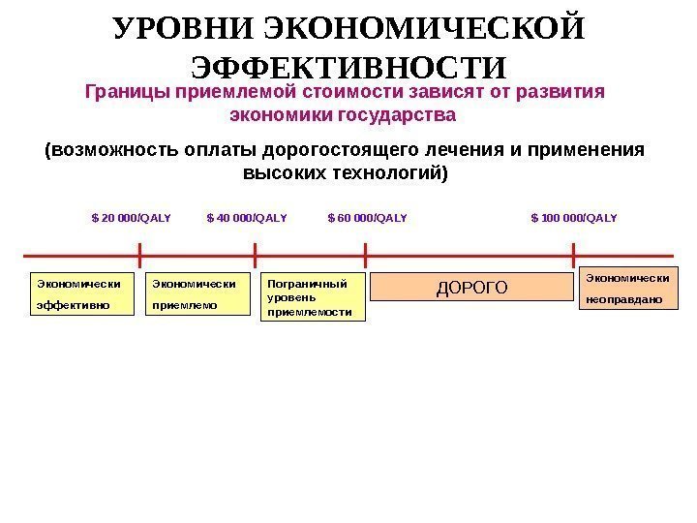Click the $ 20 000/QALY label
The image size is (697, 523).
point(131,217)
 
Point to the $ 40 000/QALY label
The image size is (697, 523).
point(247,217)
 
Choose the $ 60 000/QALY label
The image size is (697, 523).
point(368,217)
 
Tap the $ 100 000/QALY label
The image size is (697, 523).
point(574,217)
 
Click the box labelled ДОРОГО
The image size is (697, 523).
point(472,287)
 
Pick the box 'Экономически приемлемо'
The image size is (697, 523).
point(197,293)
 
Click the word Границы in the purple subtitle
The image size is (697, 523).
point(119,93)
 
